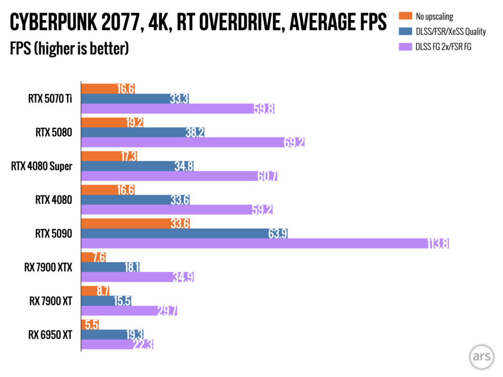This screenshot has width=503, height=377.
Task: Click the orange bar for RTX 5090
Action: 136,223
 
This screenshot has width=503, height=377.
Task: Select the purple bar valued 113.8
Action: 265,243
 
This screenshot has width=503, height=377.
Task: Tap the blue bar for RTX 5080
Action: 143,132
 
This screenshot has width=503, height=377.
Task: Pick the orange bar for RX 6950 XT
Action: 90,325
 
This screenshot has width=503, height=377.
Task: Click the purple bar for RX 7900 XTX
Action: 138,277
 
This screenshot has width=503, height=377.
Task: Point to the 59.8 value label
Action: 264,108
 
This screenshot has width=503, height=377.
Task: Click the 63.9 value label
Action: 278,233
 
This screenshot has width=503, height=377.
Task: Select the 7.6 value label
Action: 99,257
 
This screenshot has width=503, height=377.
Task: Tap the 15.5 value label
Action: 122,301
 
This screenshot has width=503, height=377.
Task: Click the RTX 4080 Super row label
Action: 42,166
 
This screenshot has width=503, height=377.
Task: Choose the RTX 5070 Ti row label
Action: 50,98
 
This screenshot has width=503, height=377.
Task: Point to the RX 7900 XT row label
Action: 51,301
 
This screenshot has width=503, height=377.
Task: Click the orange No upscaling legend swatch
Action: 405,16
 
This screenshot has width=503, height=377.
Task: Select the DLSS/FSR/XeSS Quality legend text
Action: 451,31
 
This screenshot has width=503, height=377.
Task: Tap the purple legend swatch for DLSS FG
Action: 405,47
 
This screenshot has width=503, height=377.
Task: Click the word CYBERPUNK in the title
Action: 53,22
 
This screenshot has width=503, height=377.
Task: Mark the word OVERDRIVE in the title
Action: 242,22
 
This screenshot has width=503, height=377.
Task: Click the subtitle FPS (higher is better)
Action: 69,49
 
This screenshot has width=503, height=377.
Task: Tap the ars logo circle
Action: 481,356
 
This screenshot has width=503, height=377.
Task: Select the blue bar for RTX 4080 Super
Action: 138,166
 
